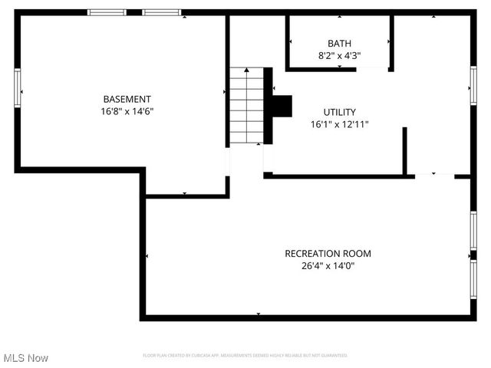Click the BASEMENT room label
pos(127,99)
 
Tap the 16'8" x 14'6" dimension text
pos(127,111)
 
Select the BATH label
pos(339,44)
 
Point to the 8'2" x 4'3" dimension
pos(339,55)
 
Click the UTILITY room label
pos(339,112)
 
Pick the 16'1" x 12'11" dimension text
pos(339,124)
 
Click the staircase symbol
pos(246,106)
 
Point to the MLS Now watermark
pos(26,358)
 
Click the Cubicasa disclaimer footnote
pos(245,356)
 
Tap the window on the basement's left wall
pos(17,84)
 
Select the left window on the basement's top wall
pos(107,12)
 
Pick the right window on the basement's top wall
pos(161,12)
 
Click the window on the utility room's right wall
pos(473,85)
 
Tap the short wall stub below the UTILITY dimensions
pos(404,149)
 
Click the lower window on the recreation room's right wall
pos(473,279)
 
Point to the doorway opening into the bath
pos(372,69)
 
